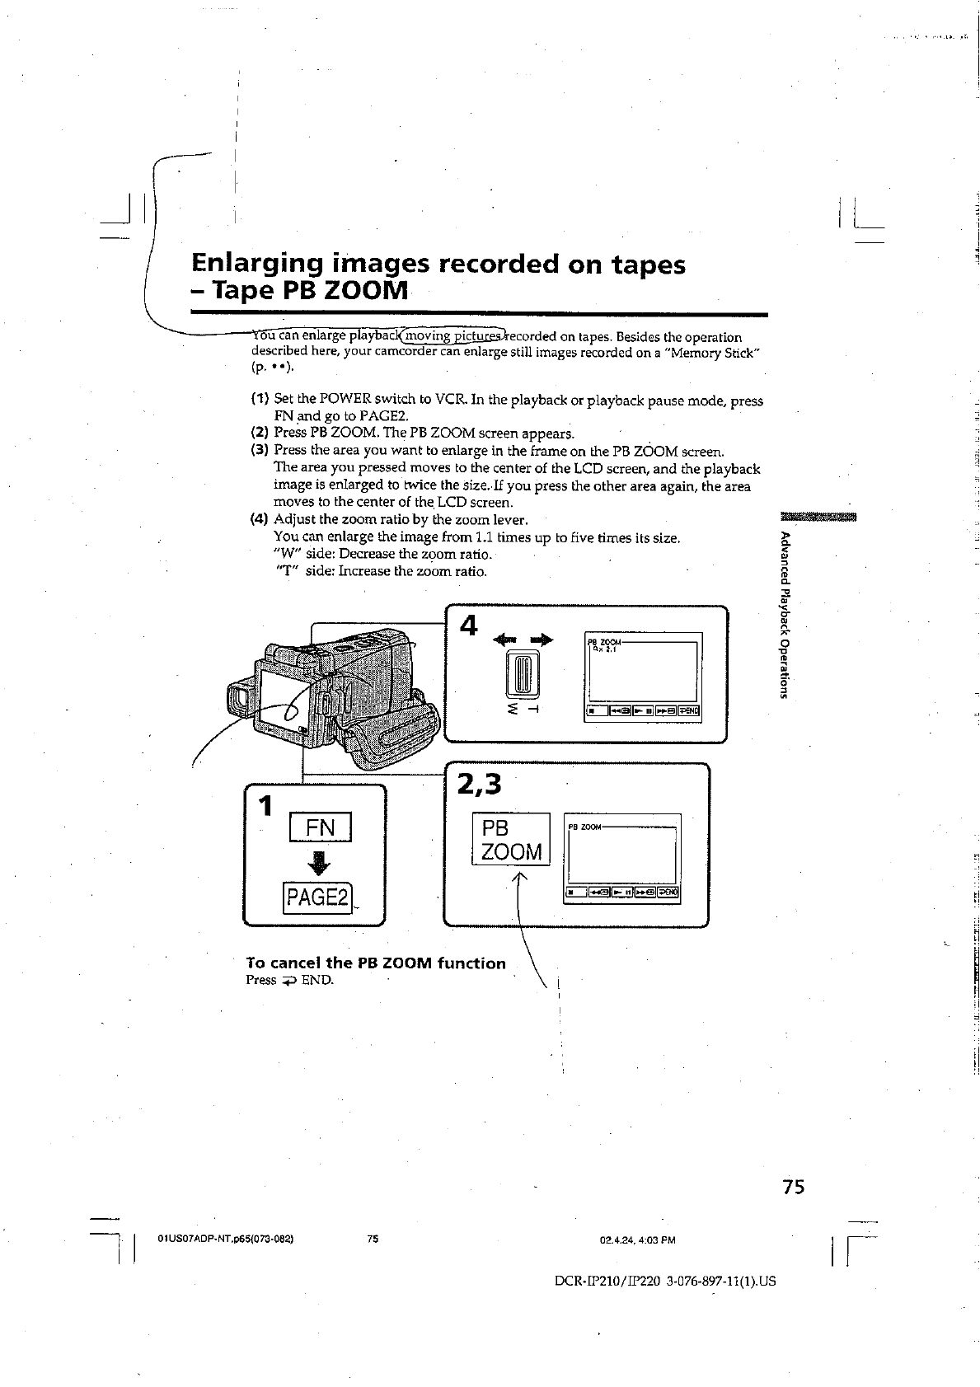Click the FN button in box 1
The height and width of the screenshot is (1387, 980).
(x=320, y=827)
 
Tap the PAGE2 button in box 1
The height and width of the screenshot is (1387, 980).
(x=317, y=897)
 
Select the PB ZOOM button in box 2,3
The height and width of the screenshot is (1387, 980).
(x=510, y=840)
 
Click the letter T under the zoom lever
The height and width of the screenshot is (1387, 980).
(x=535, y=709)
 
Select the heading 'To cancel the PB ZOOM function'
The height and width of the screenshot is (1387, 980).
(x=376, y=963)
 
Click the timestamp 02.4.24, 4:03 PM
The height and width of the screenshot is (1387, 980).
(x=638, y=1239)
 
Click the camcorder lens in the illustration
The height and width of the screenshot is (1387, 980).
(x=238, y=701)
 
